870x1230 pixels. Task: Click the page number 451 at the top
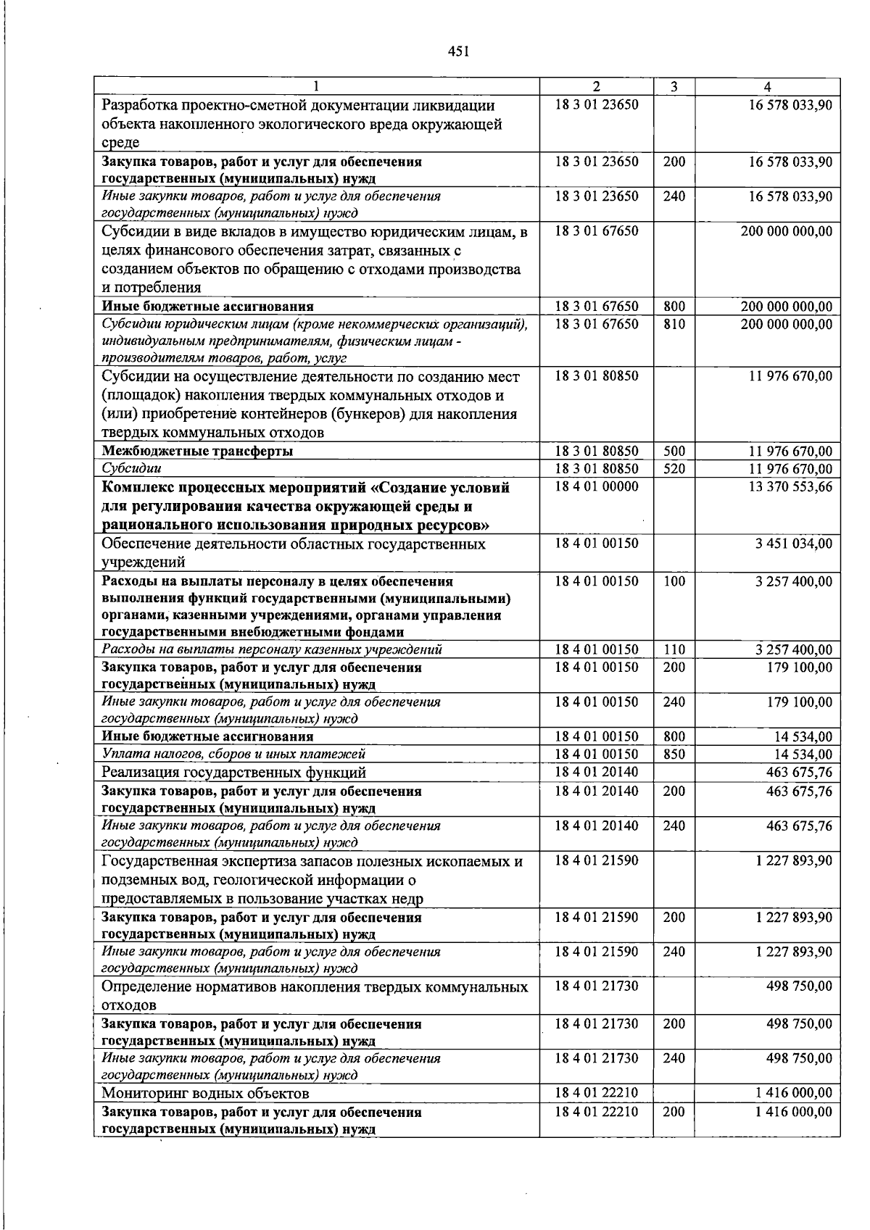tap(459, 51)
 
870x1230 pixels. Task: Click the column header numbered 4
tap(767, 86)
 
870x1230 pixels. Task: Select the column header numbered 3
tap(674, 86)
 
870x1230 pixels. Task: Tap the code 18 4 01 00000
tap(597, 486)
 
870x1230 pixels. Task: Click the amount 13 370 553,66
tap(790, 486)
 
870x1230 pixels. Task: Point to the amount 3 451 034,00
tap(793, 544)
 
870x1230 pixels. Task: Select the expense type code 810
tap(674, 324)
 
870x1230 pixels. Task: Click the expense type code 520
tap(674, 469)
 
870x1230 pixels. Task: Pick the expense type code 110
tap(674, 649)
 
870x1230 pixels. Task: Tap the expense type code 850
tap(674, 755)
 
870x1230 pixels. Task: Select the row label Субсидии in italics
tap(131, 469)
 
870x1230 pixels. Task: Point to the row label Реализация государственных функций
tap(233, 773)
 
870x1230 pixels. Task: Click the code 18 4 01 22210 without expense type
tap(597, 1092)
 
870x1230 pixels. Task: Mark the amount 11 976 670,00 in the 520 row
tap(790, 469)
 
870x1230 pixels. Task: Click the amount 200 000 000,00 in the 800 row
tap(787, 307)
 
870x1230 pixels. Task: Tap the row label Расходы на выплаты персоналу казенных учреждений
tap(272, 649)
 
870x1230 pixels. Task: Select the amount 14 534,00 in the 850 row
tap(803, 755)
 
